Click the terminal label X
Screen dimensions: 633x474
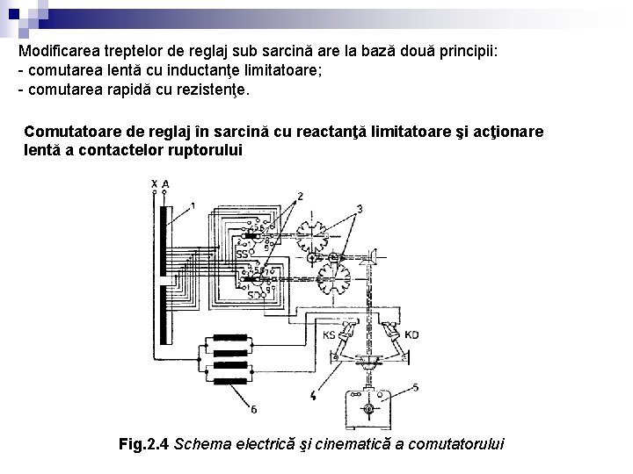point(154,183)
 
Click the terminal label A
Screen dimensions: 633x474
point(165,183)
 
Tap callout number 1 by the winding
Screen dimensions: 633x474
point(193,205)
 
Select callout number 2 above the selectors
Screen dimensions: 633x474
point(301,195)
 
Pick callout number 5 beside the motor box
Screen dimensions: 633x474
point(415,387)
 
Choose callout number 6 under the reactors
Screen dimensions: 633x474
point(253,409)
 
